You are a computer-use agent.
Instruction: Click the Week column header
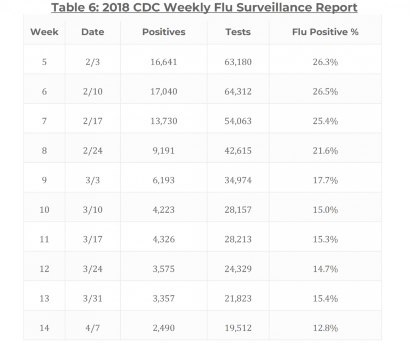pos(44,32)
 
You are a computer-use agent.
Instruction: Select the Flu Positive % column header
pos(325,32)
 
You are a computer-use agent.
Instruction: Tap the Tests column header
pos(238,32)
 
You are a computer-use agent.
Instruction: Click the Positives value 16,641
pos(163,62)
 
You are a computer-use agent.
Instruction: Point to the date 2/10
pos(93,91)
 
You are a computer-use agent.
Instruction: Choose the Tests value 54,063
pos(238,121)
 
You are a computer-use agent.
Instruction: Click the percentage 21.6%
pos(325,151)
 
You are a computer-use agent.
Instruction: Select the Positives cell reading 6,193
pos(163,181)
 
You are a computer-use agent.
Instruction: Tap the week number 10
pos(44,210)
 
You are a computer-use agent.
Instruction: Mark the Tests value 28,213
pos(238,239)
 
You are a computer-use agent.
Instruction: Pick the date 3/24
pos(93,269)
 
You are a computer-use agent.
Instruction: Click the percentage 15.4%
pos(325,299)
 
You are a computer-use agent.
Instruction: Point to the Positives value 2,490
pos(163,328)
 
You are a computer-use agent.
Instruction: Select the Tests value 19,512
pos(238,328)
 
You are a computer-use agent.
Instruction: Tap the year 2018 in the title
pos(121,8)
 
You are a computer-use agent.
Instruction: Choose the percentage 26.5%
pos(325,91)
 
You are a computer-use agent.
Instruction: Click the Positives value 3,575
pos(163,269)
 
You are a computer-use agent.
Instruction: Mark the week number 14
pos(44,328)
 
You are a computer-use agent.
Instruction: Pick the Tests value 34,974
pos(238,181)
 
